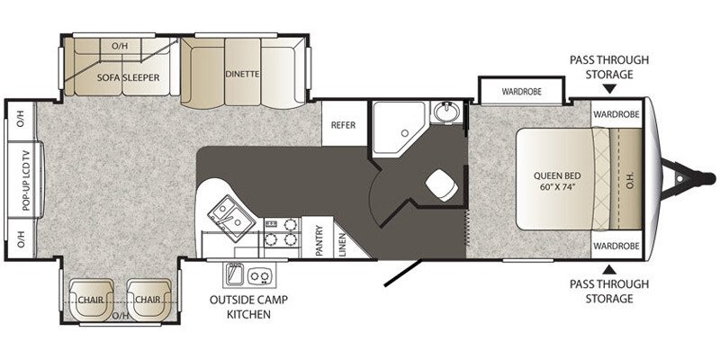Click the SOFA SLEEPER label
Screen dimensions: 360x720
[x=129, y=77]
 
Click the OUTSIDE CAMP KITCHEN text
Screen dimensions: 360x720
[x=241, y=307]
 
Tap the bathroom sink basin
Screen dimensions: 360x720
[x=445, y=112]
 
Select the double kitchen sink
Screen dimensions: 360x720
[x=226, y=214]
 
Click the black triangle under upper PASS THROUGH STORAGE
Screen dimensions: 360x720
[x=609, y=89]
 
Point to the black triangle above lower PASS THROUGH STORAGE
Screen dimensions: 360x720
[x=609, y=267]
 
